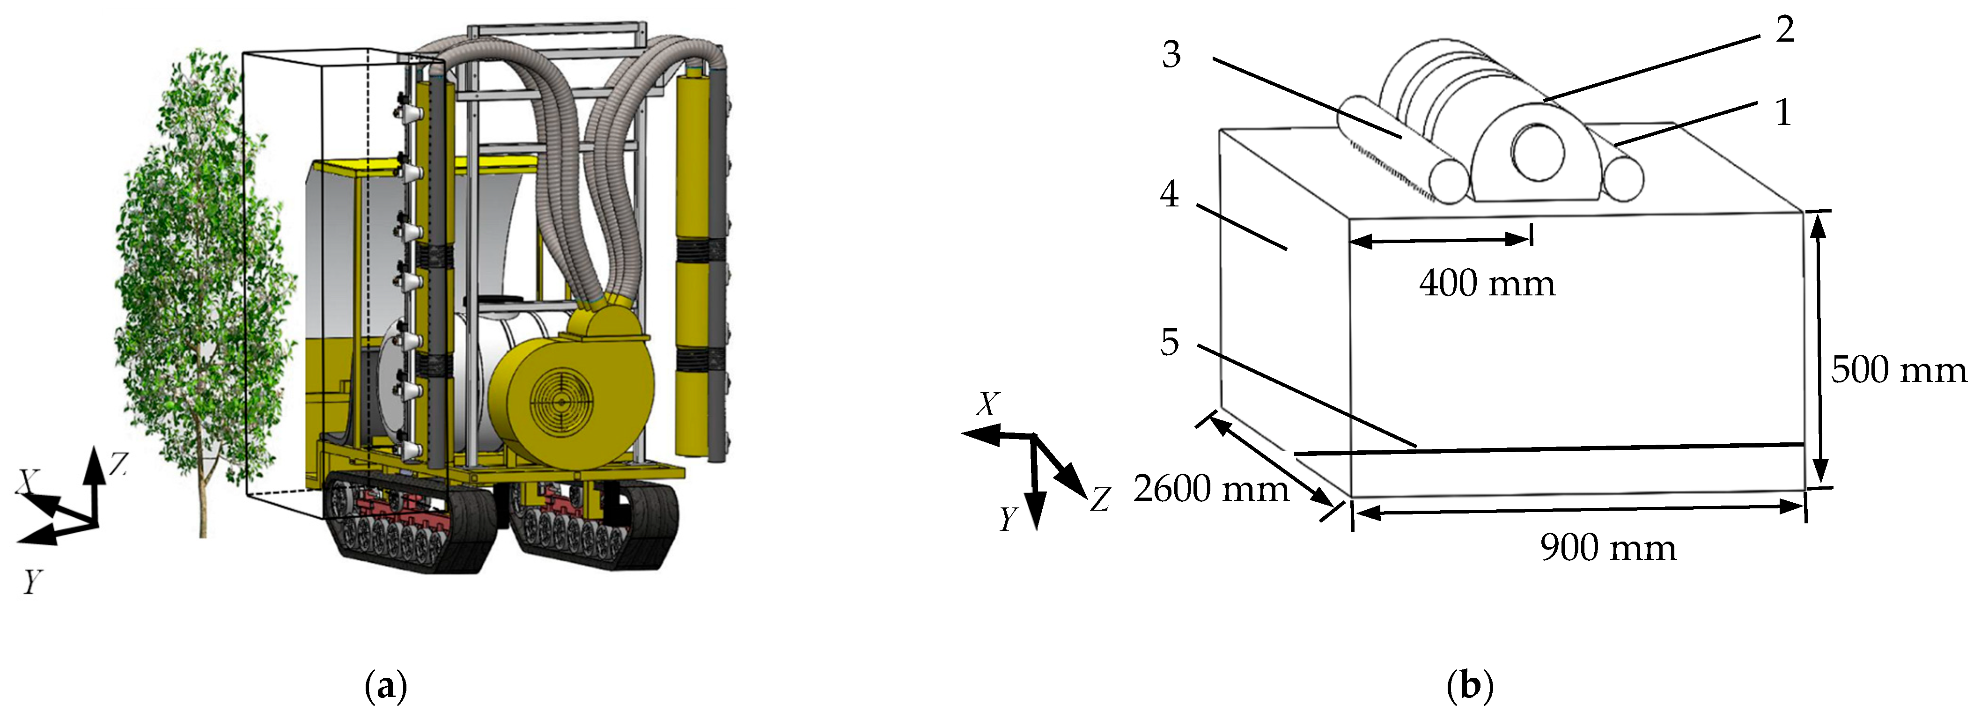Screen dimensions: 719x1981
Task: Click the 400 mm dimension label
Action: [x=1487, y=284]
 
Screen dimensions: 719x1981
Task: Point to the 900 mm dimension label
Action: [x=1608, y=548]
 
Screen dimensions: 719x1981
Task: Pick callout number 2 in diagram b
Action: [x=1785, y=30]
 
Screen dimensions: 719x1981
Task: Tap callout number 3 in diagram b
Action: [x=1171, y=55]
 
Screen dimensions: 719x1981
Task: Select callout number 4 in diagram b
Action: [x=1169, y=195]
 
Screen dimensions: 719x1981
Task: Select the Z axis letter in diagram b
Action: [x=1100, y=500]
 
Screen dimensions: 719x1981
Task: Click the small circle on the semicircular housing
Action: [x=1538, y=152]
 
